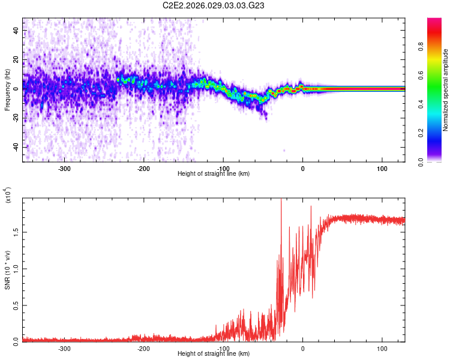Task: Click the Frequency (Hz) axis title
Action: (7, 90)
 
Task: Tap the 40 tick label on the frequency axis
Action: (16, 30)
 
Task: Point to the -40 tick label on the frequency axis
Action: (15, 147)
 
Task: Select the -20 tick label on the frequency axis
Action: (15, 118)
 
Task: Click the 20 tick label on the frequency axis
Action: (16, 59)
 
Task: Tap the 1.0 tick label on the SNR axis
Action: (16, 268)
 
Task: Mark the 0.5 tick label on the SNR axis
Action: (16, 304)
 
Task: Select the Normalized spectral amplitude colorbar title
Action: (445, 90)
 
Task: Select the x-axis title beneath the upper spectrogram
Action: (214, 174)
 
